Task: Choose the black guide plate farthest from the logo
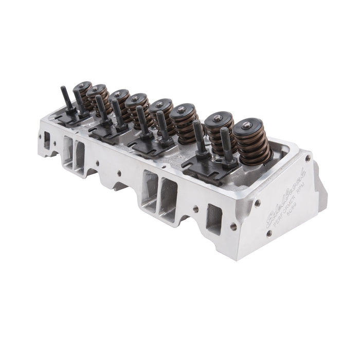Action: (70, 117)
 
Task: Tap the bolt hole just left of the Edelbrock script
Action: (257, 203)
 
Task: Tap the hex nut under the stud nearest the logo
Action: (229, 163)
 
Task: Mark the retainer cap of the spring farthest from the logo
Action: (82, 85)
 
